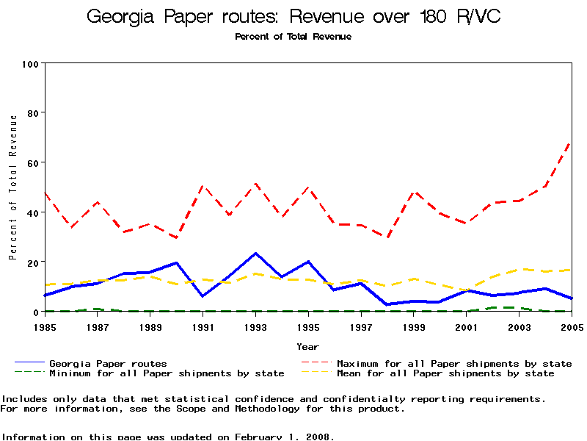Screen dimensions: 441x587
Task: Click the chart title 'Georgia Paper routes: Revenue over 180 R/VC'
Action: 293,17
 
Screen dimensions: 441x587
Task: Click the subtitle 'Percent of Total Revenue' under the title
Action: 293,37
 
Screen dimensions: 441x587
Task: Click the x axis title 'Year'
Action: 307,346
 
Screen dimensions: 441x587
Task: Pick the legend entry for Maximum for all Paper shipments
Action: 454,364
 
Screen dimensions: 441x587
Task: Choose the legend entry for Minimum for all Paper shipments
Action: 167,373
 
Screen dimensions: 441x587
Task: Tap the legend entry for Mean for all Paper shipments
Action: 445,373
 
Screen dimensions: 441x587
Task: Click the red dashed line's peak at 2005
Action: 571,143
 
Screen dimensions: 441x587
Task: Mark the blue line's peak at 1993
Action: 255,254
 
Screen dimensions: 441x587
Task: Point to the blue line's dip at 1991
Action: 203,296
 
